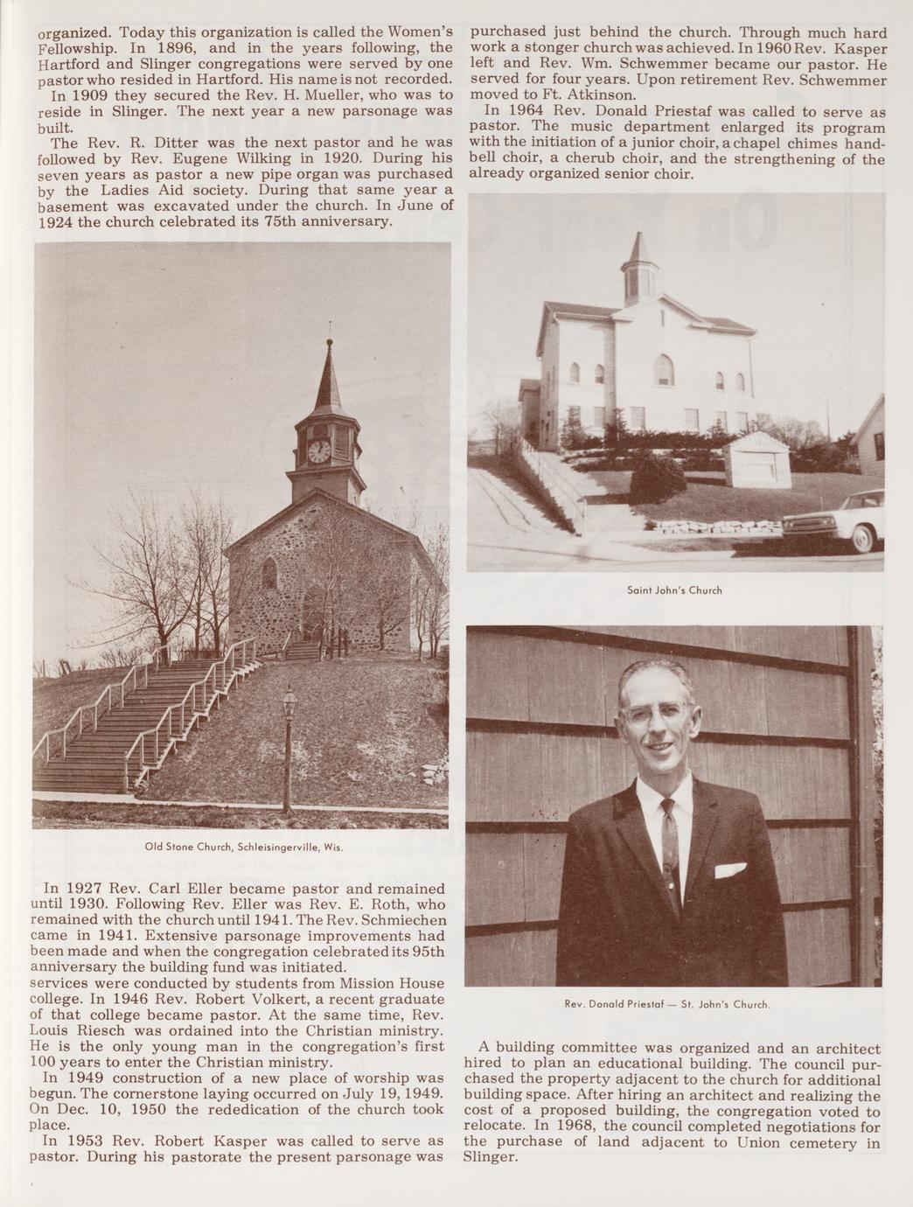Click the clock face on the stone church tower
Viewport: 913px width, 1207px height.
tap(319, 451)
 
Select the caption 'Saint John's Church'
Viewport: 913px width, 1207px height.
tap(675, 590)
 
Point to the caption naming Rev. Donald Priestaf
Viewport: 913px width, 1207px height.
tap(668, 1004)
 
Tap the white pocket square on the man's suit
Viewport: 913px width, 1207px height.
tap(729, 869)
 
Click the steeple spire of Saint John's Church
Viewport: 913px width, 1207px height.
tap(640, 248)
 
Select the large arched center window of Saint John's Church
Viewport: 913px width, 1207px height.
tap(665, 371)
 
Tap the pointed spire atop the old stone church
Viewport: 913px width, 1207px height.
tap(329, 376)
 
